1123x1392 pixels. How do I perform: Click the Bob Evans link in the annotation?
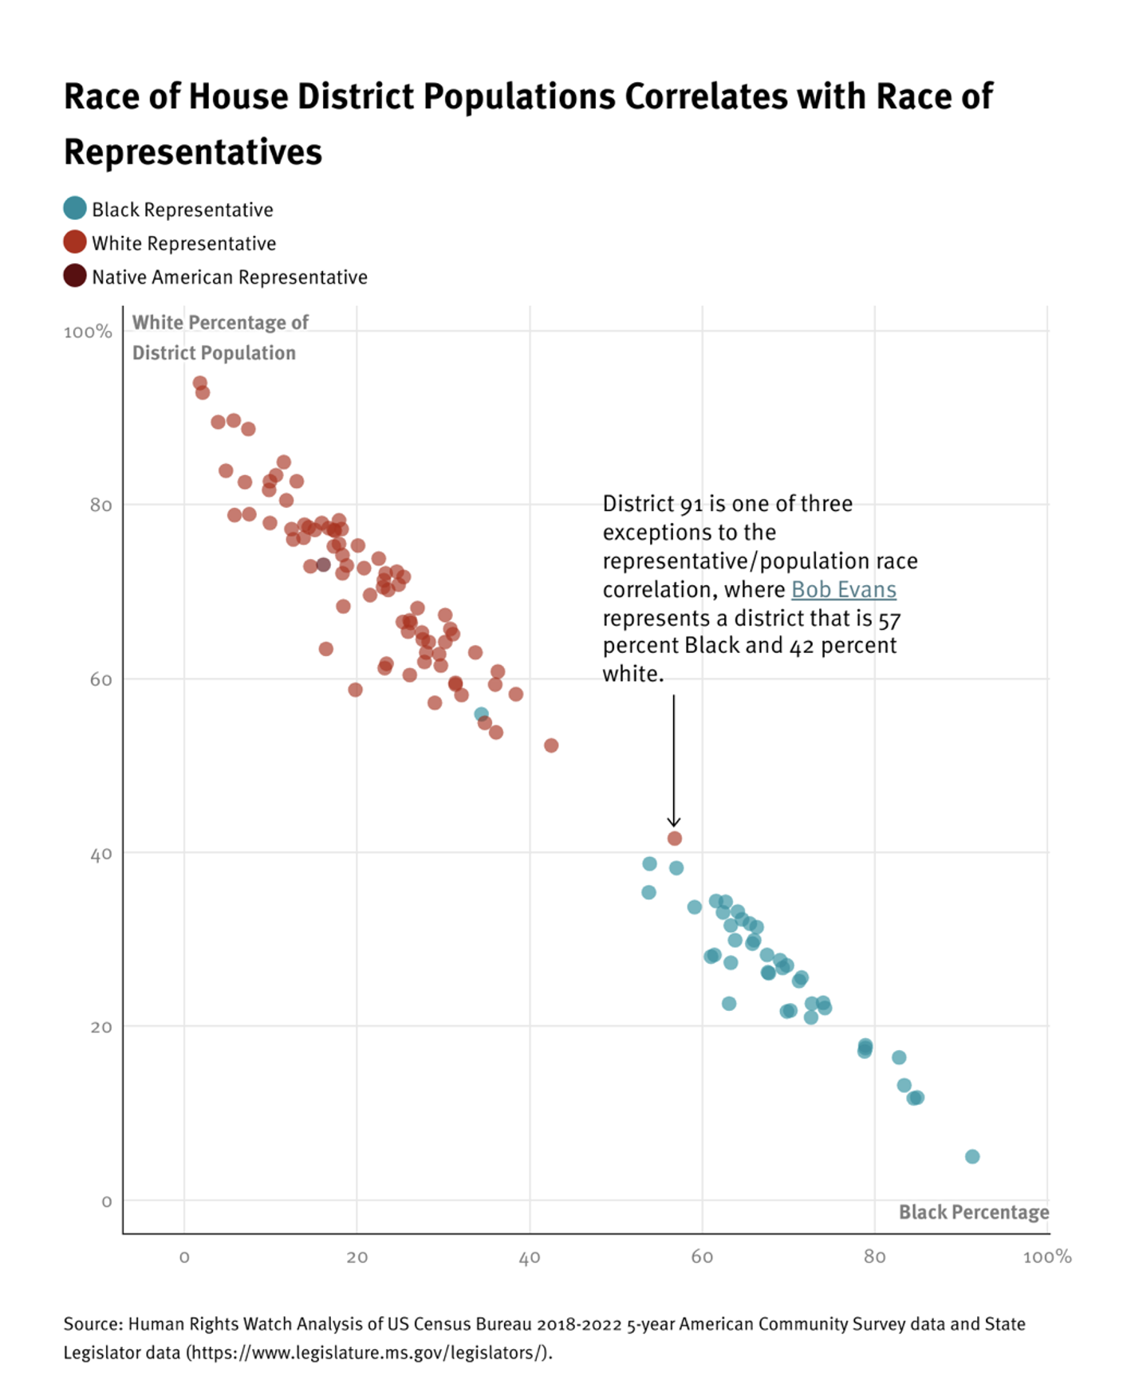point(843,590)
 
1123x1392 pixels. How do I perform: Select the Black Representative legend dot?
point(75,209)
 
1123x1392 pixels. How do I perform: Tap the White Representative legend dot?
point(75,242)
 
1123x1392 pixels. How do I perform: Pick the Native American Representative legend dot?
point(75,276)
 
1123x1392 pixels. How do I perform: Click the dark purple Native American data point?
point(323,564)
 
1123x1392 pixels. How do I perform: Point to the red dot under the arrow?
point(674,839)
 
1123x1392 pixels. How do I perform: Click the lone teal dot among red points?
point(481,714)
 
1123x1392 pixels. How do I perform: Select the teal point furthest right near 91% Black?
point(971,1157)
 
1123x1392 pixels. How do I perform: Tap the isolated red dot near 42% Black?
point(551,745)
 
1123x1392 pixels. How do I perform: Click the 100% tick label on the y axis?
point(88,332)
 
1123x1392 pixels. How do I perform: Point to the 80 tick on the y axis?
point(100,505)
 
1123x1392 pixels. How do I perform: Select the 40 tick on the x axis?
point(530,1258)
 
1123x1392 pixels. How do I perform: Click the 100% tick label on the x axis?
point(1046,1258)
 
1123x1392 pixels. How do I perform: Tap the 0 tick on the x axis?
point(184,1258)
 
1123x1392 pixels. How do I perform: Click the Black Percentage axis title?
point(973,1213)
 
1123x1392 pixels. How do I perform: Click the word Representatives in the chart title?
point(193,152)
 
